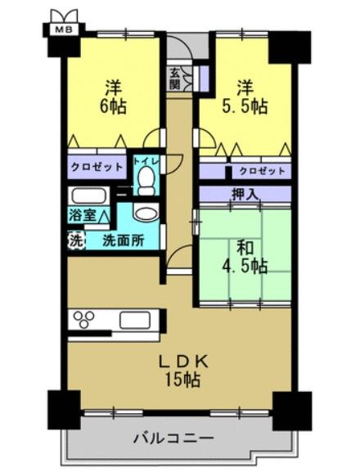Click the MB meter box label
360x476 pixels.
click(64, 30)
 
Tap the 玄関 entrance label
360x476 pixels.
click(175, 79)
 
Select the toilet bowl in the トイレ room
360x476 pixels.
click(146, 181)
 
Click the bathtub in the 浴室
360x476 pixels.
click(88, 196)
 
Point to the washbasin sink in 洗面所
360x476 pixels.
click(146, 213)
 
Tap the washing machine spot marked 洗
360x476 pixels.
click(75, 240)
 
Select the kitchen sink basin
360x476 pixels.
click(135, 321)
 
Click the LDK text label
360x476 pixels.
click(184, 361)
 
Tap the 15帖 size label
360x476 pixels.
click(182, 379)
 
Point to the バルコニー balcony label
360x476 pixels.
click(174, 438)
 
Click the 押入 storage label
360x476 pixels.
click(245, 195)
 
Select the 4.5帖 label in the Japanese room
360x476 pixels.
click(245, 267)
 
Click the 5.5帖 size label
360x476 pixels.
click(245, 106)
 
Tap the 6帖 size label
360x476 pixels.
click(113, 106)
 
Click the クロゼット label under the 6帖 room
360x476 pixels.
click(97, 167)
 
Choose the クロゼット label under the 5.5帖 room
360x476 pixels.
click(263, 171)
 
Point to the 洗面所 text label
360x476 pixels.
click(123, 240)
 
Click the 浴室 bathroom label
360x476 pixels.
click(83, 215)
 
